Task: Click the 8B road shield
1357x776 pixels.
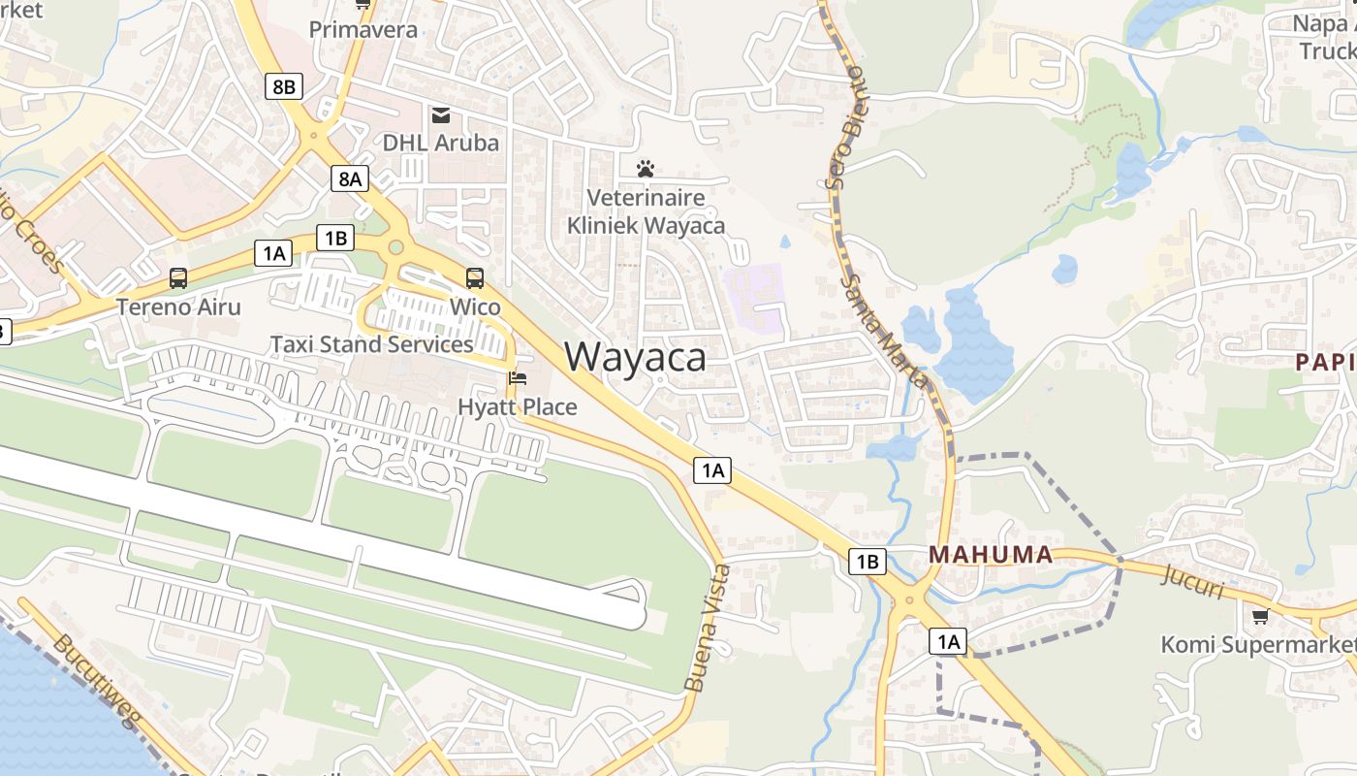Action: pyautogui.click(x=283, y=86)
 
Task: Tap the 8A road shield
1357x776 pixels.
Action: pyautogui.click(x=350, y=178)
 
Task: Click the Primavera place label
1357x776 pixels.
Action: pyautogui.click(x=363, y=29)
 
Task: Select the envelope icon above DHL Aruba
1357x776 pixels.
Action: pyautogui.click(x=441, y=116)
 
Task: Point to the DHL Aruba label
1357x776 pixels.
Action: pyautogui.click(x=441, y=143)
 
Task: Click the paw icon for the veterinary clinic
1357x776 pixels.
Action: pyautogui.click(x=646, y=169)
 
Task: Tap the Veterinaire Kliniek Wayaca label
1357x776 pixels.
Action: pyautogui.click(x=646, y=211)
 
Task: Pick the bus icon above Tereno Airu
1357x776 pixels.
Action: pyautogui.click(x=178, y=278)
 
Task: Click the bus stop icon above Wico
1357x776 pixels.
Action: pyautogui.click(x=475, y=278)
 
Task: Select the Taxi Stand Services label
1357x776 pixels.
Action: pyautogui.click(x=371, y=344)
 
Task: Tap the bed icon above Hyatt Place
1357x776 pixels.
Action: pyautogui.click(x=518, y=378)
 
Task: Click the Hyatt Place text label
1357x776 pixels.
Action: pyautogui.click(x=518, y=406)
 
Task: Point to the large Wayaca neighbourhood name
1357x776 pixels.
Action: pyautogui.click(x=636, y=357)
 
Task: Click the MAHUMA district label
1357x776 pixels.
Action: pyautogui.click(x=991, y=555)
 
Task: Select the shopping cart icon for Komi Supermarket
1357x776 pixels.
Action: pyautogui.click(x=1260, y=616)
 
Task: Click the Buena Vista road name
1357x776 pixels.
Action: pyautogui.click(x=707, y=628)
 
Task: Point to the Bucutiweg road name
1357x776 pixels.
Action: pyautogui.click(x=97, y=685)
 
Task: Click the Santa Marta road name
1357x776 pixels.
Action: pyautogui.click(x=884, y=330)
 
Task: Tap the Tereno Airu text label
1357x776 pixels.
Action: pyautogui.click(x=178, y=307)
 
